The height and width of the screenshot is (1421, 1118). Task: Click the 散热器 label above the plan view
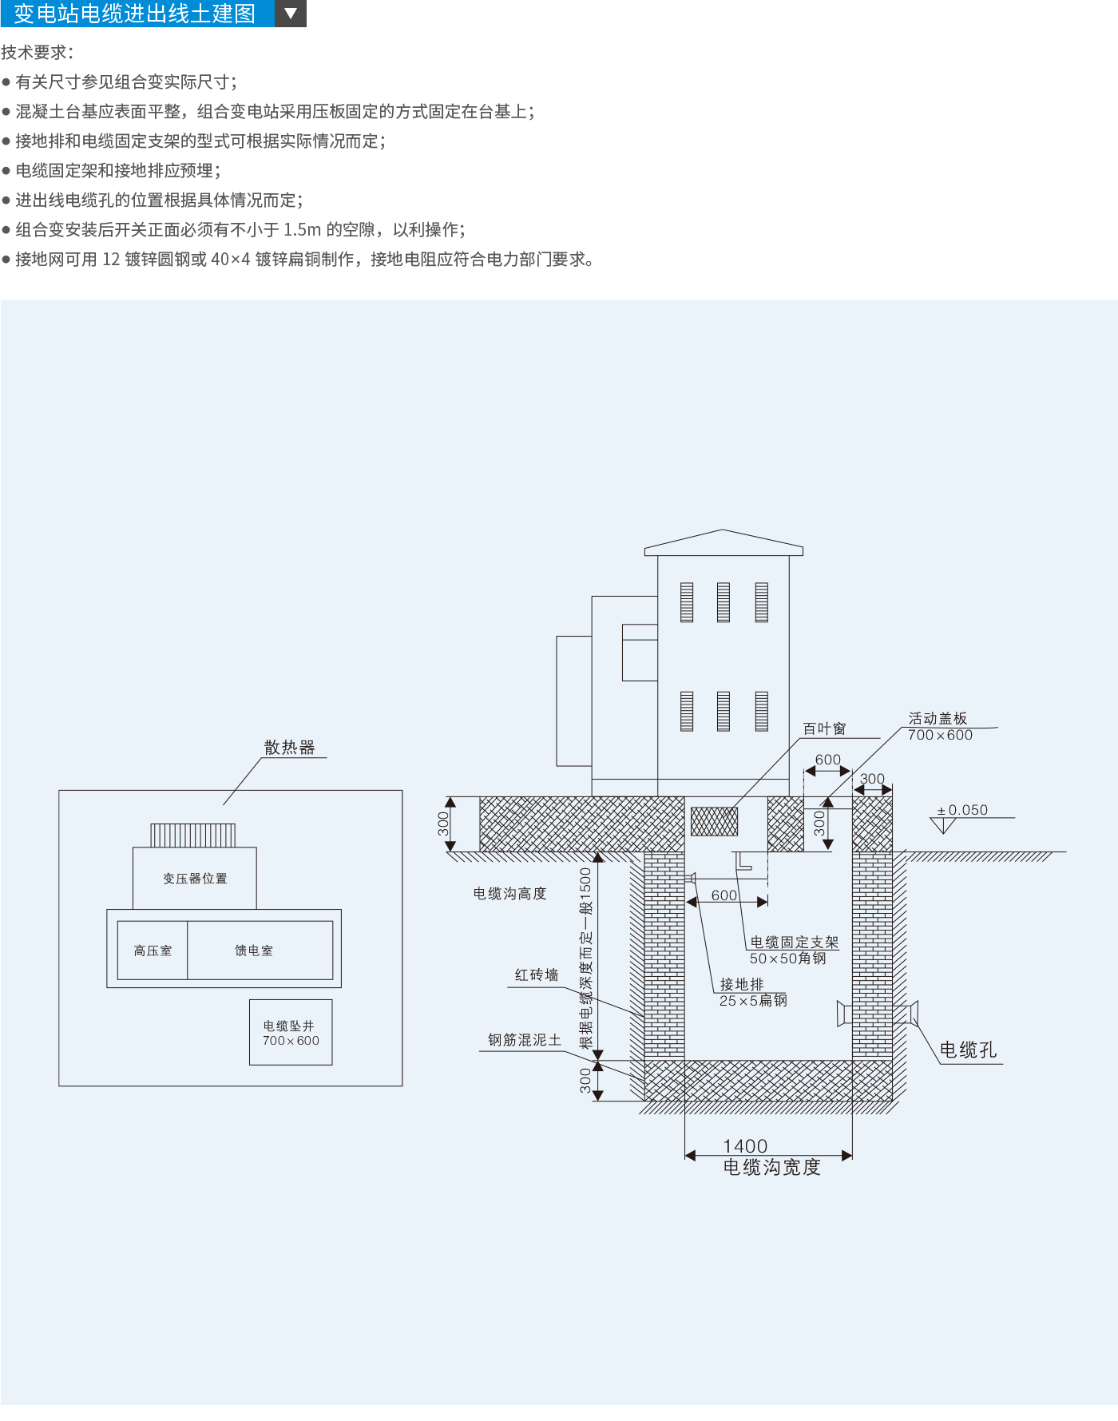(289, 748)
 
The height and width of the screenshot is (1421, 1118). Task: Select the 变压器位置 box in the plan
(195, 878)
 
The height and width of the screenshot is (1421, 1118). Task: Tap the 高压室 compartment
(153, 951)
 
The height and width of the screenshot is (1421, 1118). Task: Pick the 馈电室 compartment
(254, 951)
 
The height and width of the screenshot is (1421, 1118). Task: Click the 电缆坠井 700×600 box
(291, 1032)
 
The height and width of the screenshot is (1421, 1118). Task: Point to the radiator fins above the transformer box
(193, 836)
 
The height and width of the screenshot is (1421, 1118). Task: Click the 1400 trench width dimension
(745, 1146)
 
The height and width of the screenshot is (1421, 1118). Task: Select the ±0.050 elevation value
(967, 810)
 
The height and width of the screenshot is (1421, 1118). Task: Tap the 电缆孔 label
(968, 1050)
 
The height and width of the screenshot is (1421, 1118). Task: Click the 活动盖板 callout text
(938, 718)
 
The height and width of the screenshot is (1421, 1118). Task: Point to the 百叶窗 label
(824, 728)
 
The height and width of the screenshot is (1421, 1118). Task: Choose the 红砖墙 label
(537, 974)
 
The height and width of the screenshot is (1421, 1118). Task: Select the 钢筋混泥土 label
(525, 1040)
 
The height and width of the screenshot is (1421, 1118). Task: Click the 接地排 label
(742, 984)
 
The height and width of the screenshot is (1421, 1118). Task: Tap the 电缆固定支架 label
(795, 943)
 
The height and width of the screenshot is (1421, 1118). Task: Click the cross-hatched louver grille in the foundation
(714, 821)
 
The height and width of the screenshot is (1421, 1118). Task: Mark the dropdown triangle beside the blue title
(291, 14)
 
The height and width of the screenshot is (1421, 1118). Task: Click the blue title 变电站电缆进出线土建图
(135, 14)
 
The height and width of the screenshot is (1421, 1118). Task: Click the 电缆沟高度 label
(509, 893)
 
